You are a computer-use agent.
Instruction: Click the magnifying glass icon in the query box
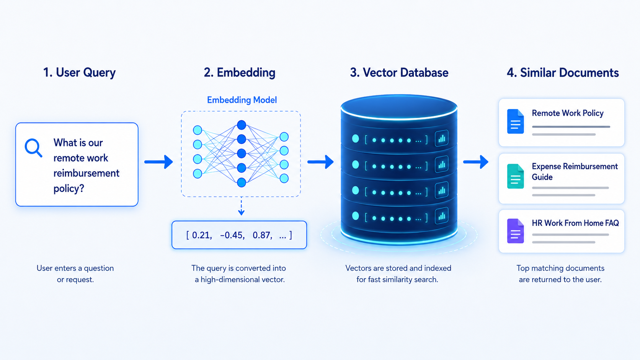click(x=33, y=148)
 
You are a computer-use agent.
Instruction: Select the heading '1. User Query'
click(x=80, y=73)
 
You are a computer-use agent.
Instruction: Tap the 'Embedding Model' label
click(x=242, y=100)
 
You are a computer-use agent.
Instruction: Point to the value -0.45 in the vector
click(x=232, y=235)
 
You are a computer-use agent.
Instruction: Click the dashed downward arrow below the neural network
click(x=242, y=206)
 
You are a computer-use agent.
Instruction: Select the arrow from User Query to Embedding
click(x=158, y=162)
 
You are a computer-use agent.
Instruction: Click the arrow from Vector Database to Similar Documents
click(x=476, y=162)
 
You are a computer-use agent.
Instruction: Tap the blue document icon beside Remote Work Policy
click(x=516, y=121)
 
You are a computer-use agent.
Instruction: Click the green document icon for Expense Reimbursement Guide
click(x=516, y=176)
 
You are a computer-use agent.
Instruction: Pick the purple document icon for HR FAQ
click(x=516, y=231)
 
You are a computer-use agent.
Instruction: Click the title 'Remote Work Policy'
click(x=568, y=113)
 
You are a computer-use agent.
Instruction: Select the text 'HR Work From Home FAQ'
click(x=575, y=223)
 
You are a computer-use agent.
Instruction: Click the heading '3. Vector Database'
click(x=399, y=73)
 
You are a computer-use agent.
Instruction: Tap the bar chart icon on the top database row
click(x=442, y=138)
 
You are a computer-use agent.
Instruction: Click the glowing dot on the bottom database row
click(x=356, y=216)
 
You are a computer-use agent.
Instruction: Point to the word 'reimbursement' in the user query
click(x=86, y=173)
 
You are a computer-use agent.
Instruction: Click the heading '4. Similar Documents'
click(x=563, y=73)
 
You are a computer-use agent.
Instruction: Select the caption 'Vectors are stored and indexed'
click(x=398, y=268)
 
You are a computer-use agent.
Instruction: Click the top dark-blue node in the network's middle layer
click(x=242, y=125)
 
